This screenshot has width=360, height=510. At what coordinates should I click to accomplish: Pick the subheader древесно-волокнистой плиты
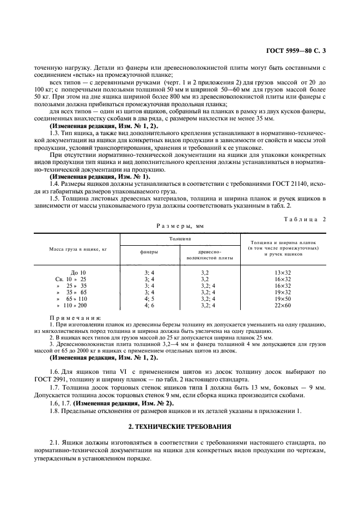pyautogui.click(x=209, y=254)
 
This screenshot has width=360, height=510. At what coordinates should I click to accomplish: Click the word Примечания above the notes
pyautogui.click(x=70, y=318)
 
